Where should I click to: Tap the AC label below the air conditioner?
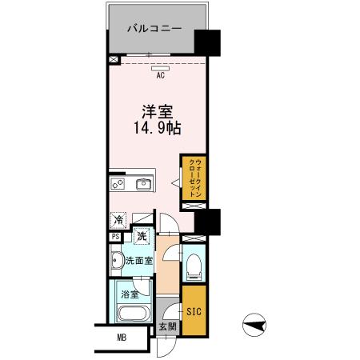coord(160,76)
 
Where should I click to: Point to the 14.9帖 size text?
coord(155,130)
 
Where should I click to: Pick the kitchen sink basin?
coord(145,185)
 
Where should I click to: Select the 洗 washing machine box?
coord(142,235)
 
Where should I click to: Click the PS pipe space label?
coord(116,236)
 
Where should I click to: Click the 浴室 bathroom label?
coord(127,294)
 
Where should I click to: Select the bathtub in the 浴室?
coord(129,312)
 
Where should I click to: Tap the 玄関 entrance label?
coord(166,326)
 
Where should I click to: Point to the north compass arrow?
coord(255,324)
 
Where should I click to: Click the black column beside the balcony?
coord(210,42)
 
